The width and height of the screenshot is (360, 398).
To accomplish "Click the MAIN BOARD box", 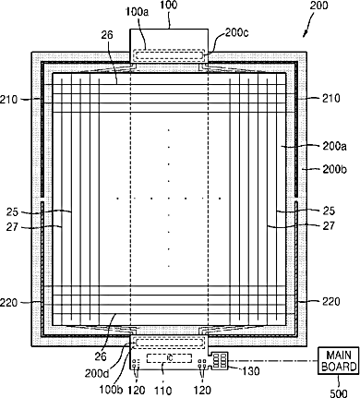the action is (x=339, y=360).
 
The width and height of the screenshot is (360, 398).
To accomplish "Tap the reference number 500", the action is (x=338, y=393).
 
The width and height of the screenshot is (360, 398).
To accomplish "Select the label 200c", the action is (x=236, y=32).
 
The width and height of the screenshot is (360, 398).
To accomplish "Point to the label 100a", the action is (x=137, y=13).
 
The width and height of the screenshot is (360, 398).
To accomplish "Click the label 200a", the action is (x=335, y=146).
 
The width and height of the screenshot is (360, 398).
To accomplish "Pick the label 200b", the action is (x=335, y=169).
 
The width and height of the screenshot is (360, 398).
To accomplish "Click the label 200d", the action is (x=97, y=373).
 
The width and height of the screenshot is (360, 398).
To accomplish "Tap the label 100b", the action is (x=111, y=390).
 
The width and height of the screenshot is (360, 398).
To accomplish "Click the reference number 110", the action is (x=162, y=391).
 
